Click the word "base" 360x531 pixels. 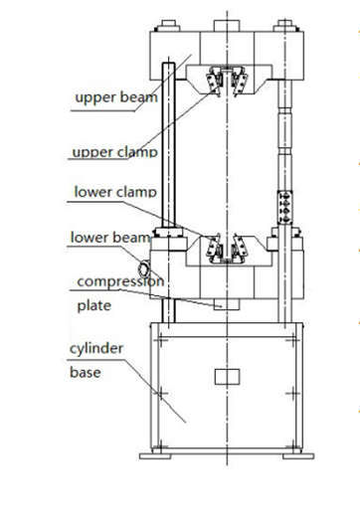[x=84, y=375]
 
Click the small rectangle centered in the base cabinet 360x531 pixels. [x=228, y=376]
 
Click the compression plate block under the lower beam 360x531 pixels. [x=228, y=304]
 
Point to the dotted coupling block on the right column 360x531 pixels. [x=285, y=203]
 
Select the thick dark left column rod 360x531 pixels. [x=170, y=149]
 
